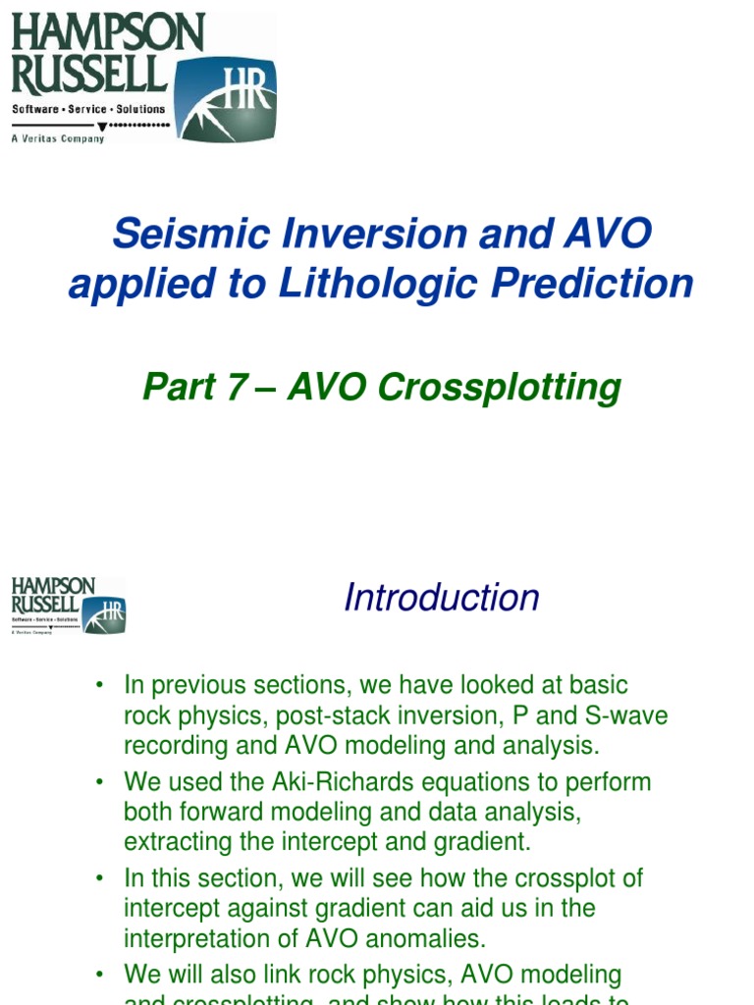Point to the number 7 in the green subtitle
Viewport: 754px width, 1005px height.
[237, 387]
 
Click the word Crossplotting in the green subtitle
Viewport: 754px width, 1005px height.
[500, 388]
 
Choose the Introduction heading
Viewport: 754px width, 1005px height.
[441, 597]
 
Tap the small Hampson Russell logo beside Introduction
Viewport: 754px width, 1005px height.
[69, 606]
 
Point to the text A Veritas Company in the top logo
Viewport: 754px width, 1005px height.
[58, 139]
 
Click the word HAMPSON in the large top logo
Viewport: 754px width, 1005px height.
[107, 35]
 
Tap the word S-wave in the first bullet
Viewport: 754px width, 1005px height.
[628, 714]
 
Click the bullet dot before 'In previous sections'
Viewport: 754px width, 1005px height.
[99, 685]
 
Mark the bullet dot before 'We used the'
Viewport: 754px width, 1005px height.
[99, 783]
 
